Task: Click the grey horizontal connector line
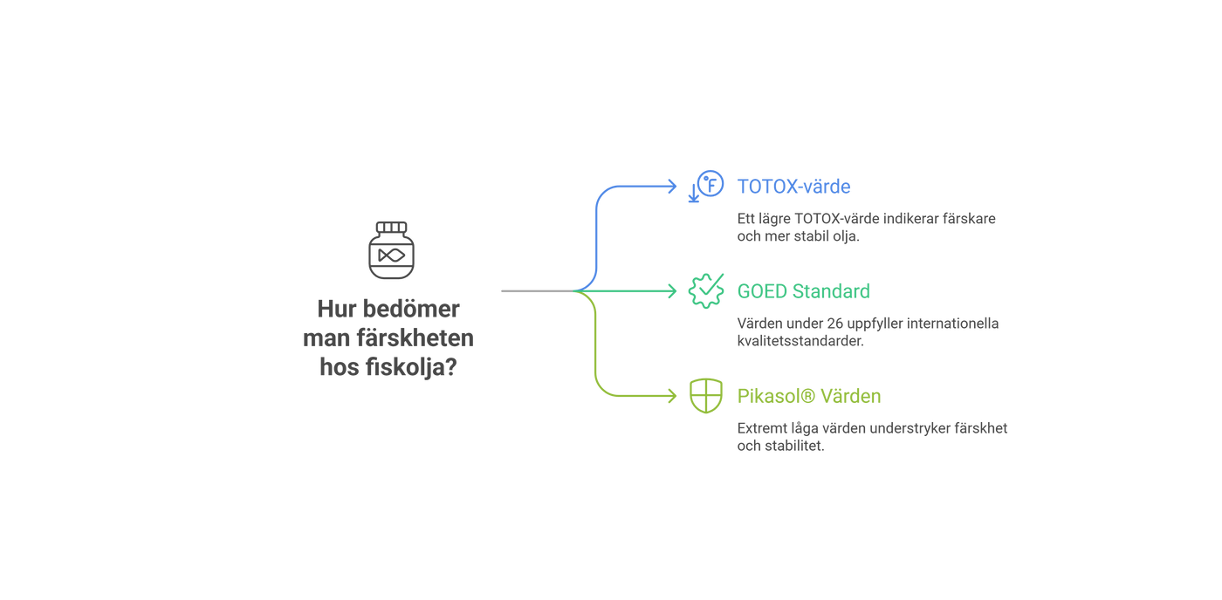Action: pyautogui.click(x=534, y=290)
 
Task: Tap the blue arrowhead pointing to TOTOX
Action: pyautogui.click(x=672, y=186)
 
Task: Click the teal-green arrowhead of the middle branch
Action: pyautogui.click(x=672, y=290)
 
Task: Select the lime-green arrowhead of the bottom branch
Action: pyautogui.click(x=672, y=395)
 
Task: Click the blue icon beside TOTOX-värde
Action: pyautogui.click(x=705, y=186)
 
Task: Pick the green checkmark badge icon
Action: pyautogui.click(x=705, y=290)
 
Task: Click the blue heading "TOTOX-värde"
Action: pyautogui.click(x=793, y=187)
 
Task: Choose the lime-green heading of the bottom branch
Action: pyautogui.click(x=809, y=396)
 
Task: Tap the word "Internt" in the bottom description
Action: pyautogui.click(x=757, y=428)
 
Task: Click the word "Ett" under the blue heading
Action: pyautogui.click(x=745, y=219)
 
